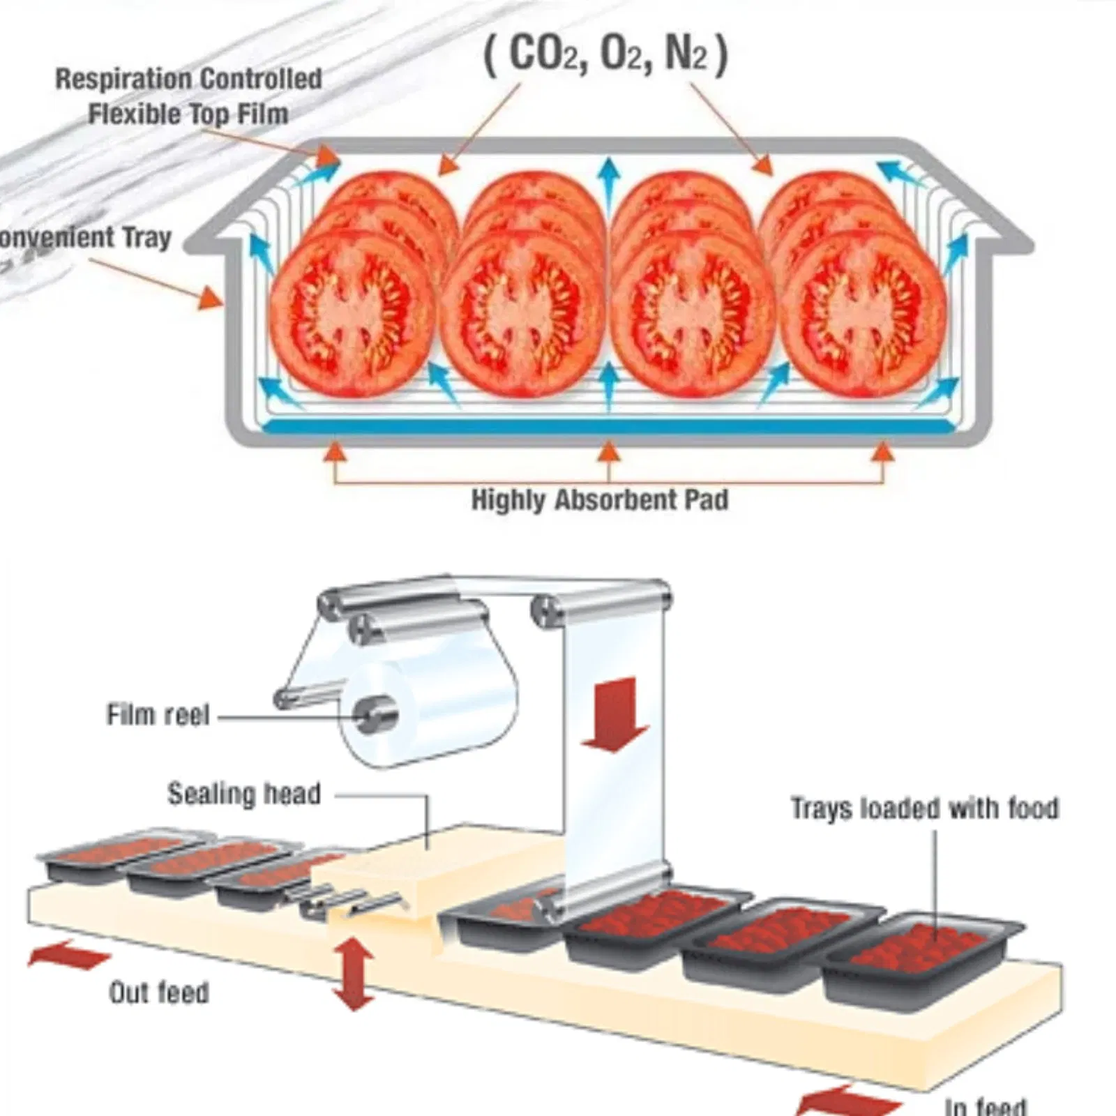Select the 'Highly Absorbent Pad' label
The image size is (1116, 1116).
(x=600, y=500)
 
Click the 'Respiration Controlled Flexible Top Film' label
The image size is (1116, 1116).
(x=188, y=96)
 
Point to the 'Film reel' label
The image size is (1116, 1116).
(x=158, y=715)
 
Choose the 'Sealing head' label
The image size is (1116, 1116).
(x=244, y=794)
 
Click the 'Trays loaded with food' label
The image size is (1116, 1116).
(x=924, y=808)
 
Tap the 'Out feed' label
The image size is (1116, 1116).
(x=159, y=992)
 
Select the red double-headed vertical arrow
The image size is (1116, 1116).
(x=354, y=974)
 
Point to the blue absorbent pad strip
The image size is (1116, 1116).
(x=607, y=426)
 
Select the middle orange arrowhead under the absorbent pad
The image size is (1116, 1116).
(x=609, y=452)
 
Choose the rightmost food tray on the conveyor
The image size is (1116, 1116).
(x=921, y=956)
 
